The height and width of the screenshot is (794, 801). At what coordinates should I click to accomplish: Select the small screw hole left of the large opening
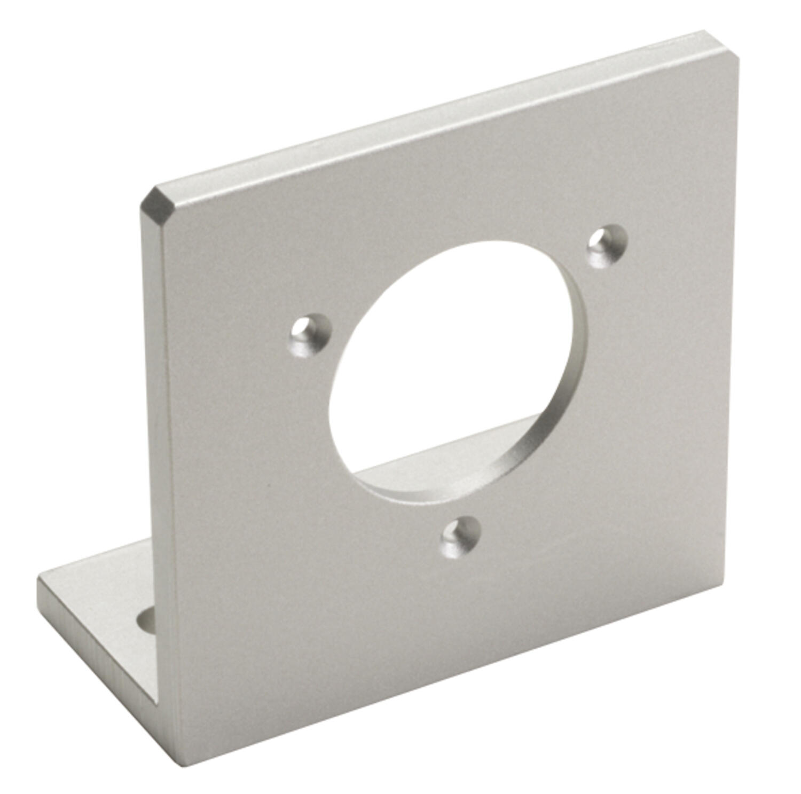[310, 336]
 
